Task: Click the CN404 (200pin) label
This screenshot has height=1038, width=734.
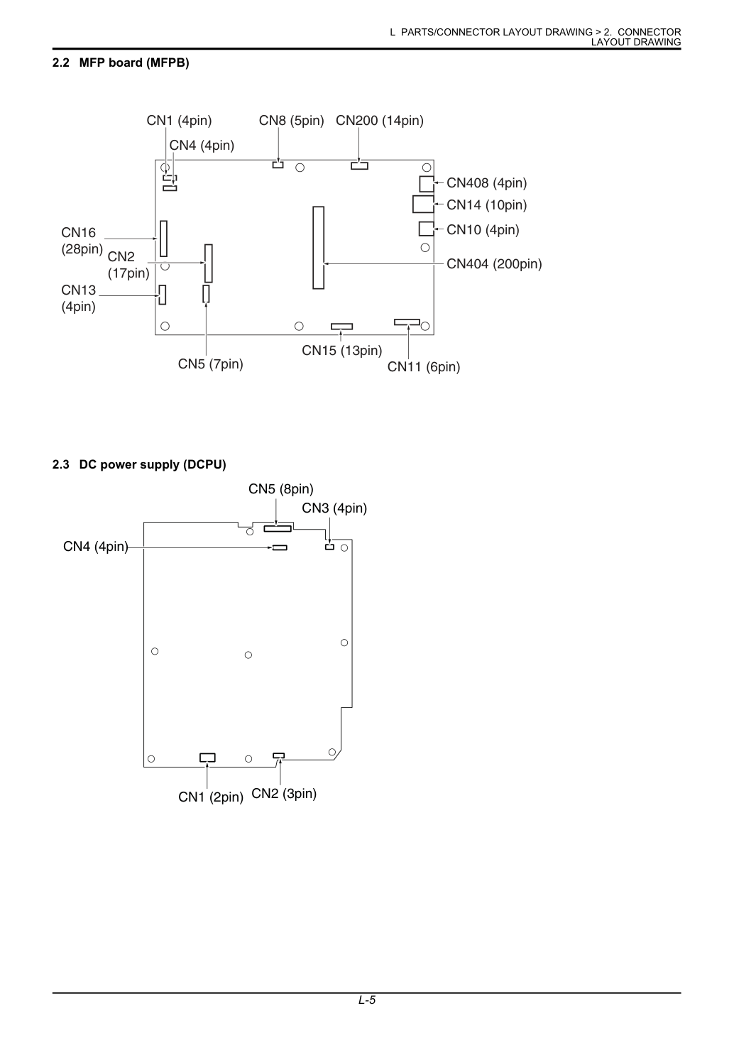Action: click(494, 264)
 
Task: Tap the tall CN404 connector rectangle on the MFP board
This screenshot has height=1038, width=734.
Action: click(318, 248)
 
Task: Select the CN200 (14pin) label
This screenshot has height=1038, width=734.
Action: click(380, 121)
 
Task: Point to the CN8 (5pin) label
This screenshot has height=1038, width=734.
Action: click(291, 121)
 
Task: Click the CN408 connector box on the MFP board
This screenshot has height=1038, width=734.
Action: click(427, 184)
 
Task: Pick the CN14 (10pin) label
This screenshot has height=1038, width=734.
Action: click(486, 204)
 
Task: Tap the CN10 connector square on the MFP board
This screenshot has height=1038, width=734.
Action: click(427, 229)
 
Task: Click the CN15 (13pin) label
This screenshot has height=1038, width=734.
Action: click(342, 350)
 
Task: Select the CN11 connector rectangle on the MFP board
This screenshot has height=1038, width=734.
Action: click(407, 322)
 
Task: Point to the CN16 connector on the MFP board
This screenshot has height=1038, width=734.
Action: click(163, 239)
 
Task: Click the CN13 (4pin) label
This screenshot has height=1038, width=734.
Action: click(78, 298)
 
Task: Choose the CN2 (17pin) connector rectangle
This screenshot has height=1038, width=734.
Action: click(209, 263)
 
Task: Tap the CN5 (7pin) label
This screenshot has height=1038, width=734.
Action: click(210, 364)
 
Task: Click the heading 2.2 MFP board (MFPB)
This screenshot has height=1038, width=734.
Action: click(121, 62)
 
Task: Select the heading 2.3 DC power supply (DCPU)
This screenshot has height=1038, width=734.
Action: click(139, 464)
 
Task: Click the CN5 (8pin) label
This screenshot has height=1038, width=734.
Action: click(281, 489)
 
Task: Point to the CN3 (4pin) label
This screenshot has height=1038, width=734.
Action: click(334, 508)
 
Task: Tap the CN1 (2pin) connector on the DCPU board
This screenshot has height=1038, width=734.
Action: click(207, 757)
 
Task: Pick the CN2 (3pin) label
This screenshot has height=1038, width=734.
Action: click(284, 793)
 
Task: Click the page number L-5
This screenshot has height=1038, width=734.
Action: click(366, 1000)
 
